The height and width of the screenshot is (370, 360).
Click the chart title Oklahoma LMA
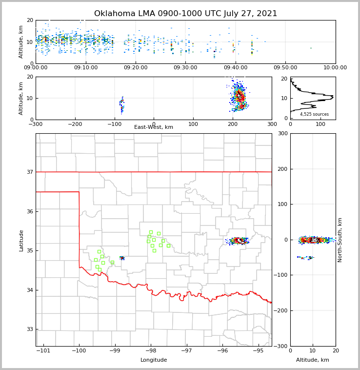pos(185,14)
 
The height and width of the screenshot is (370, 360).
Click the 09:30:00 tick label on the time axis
pos(185,68)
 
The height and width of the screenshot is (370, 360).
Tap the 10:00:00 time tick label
pos(335,68)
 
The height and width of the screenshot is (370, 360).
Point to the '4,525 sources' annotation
pos(314,114)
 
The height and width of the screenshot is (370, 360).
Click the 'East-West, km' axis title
pos(154,127)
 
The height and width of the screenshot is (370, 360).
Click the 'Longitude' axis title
pos(154,360)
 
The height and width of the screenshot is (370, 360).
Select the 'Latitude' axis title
pos(21,240)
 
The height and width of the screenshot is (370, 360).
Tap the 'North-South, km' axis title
pos(340,240)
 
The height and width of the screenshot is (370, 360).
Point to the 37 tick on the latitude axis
pos(30,172)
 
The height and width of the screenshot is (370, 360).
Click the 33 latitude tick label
pos(30,329)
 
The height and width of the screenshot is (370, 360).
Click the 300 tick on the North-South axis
pos(281,134)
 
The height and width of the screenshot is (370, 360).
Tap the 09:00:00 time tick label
pos(36,68)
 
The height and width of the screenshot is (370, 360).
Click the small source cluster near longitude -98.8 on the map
pos(122,258)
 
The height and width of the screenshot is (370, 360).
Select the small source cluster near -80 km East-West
pos(122,104)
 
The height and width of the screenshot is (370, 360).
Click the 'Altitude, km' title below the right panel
pos(313,360)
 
